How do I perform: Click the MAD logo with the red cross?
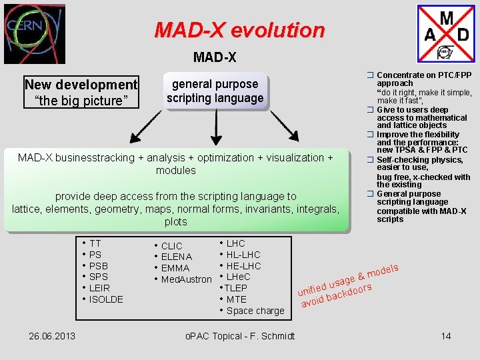[x=446, y=34]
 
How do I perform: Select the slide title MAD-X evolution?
[x=239, y=30]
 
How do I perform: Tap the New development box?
[x=81, y=92]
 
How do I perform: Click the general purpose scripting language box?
[x=215, y=91]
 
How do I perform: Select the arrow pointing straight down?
[x=215, y=127]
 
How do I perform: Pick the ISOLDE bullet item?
[x=106, y=299]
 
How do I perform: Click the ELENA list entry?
[x=176, y=257]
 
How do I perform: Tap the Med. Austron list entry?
[x=186, y=279]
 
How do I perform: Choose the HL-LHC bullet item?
[x=243, y=255]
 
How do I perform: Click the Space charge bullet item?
[x=255, y=311]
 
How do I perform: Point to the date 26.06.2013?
[x=52, y=335]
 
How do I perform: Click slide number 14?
[x=446, y=335]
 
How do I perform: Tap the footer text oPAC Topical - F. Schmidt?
[x=239, y=335]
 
